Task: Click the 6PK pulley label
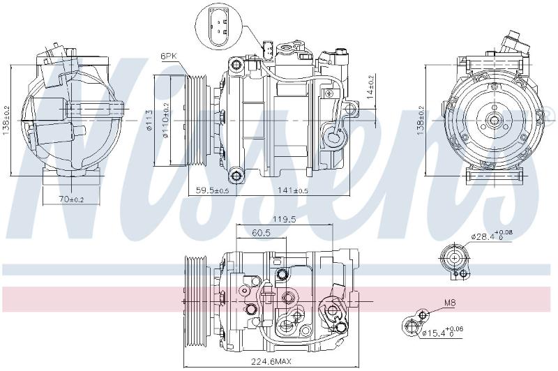(169, 56)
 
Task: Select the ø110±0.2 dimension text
(166, 120)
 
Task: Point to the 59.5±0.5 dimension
(212, 190)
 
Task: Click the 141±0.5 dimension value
(292, 190)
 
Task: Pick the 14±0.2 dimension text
(370, 86)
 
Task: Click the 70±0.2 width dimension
(72, 199)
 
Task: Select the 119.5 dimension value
(285, 220)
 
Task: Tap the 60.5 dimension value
(261, 233)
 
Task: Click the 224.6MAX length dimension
(271, 362)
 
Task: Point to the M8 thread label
(450, 303)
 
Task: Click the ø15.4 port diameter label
(442, 332)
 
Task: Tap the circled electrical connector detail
(218, 27)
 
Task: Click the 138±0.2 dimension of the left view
(6, 120)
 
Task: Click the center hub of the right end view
(495, 120)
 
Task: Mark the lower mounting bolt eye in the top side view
(236, 175)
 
